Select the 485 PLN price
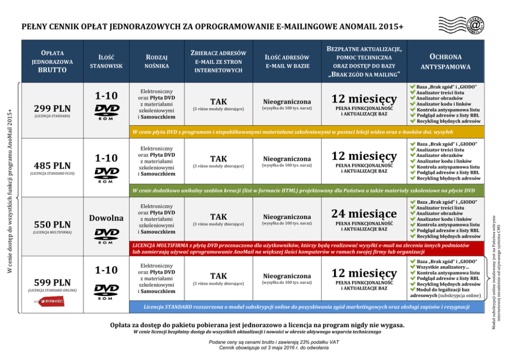tap(52, 166)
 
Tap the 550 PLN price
tap(52, 224)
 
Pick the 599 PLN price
tap(52, 283)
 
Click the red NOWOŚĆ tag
tap(50, 302)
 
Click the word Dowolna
tap(106, 218)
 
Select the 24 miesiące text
tap(364, 213)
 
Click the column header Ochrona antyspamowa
tap(445, 62)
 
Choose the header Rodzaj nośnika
tap(156, 61)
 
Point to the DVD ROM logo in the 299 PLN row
tap(106, 112)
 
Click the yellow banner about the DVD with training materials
tap(305, 132)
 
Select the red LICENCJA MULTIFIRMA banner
tap(305, 249)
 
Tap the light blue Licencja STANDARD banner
tap(305, 307)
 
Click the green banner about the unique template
tap(305, 190)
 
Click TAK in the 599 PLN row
tap(219, 276)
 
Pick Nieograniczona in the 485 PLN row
tap(287, 159)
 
